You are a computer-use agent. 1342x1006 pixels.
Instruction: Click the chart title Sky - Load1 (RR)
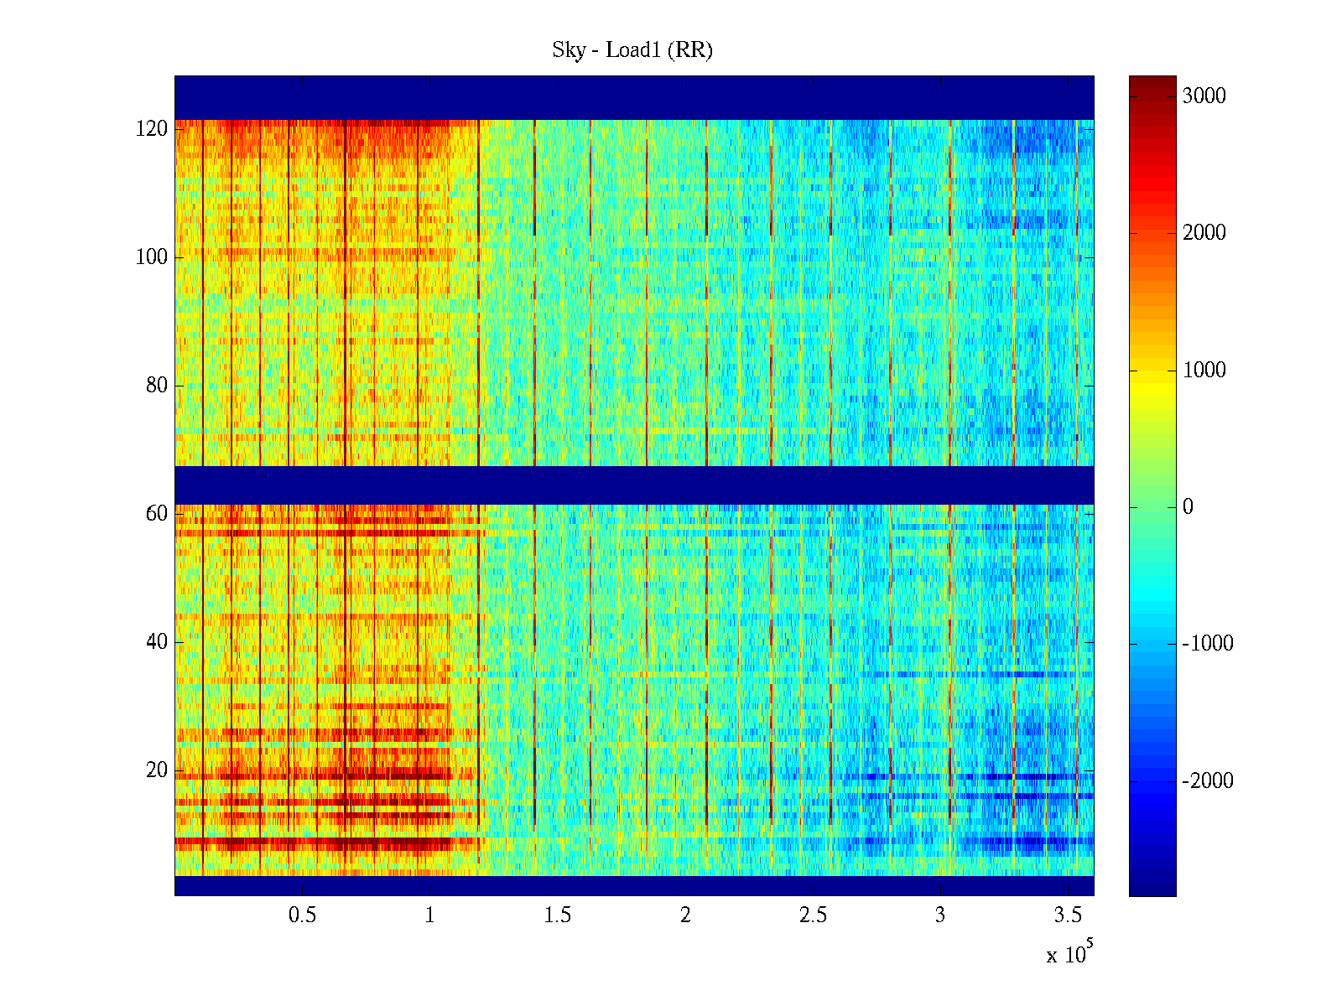click(x=632, y=50)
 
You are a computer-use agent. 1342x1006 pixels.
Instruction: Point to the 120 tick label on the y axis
click(x=152, y=129)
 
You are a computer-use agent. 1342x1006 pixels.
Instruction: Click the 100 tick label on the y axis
click(x=152, y=257)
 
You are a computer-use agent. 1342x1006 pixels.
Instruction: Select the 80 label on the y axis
click(x=157, y=386)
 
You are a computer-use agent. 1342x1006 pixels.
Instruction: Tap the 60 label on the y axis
click(x=157, y=514)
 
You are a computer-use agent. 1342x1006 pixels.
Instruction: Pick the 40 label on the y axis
click(x=157, y=642)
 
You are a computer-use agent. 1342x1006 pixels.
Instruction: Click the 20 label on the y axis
click(x=157, y=770)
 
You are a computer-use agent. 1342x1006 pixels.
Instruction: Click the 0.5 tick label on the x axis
click(x=302, y=915)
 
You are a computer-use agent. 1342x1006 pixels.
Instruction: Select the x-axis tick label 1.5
click(x=557, y=915)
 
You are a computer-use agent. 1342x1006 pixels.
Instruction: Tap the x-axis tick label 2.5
click(x=813, y=915)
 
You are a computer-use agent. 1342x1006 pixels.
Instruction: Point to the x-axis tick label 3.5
click(x=1068, y=915)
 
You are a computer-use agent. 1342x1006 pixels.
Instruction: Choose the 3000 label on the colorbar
click(x=1204, y=96)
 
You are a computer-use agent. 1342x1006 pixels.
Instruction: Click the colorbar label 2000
click(x=1204, y=233)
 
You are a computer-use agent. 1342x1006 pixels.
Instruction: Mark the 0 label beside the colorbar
click(x=1188, y=507)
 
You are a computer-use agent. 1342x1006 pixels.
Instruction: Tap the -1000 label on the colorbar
click(x=1208, y=644)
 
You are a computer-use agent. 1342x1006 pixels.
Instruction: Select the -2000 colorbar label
click(x=1208, y=781)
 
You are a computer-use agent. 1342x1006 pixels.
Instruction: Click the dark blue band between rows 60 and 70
click(x=633, y=485)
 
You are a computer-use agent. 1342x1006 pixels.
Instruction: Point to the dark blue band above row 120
click(x=633, y=97)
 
